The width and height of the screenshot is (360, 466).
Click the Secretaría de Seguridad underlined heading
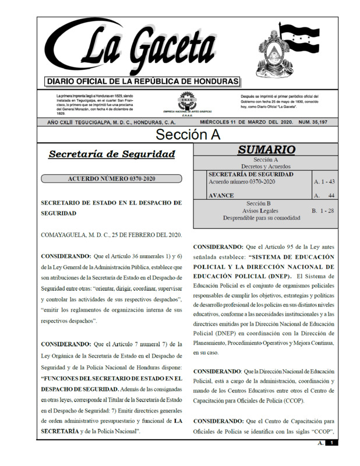click(x=112, y=154)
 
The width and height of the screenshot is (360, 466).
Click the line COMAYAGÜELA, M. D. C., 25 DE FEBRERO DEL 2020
click(x=111, y=235)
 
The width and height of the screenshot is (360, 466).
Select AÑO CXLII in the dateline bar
click(x=66, y=122)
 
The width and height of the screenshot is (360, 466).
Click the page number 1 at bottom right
click(x=330, y=443)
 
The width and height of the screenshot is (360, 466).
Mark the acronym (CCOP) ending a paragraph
click(x=291, y=401)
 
